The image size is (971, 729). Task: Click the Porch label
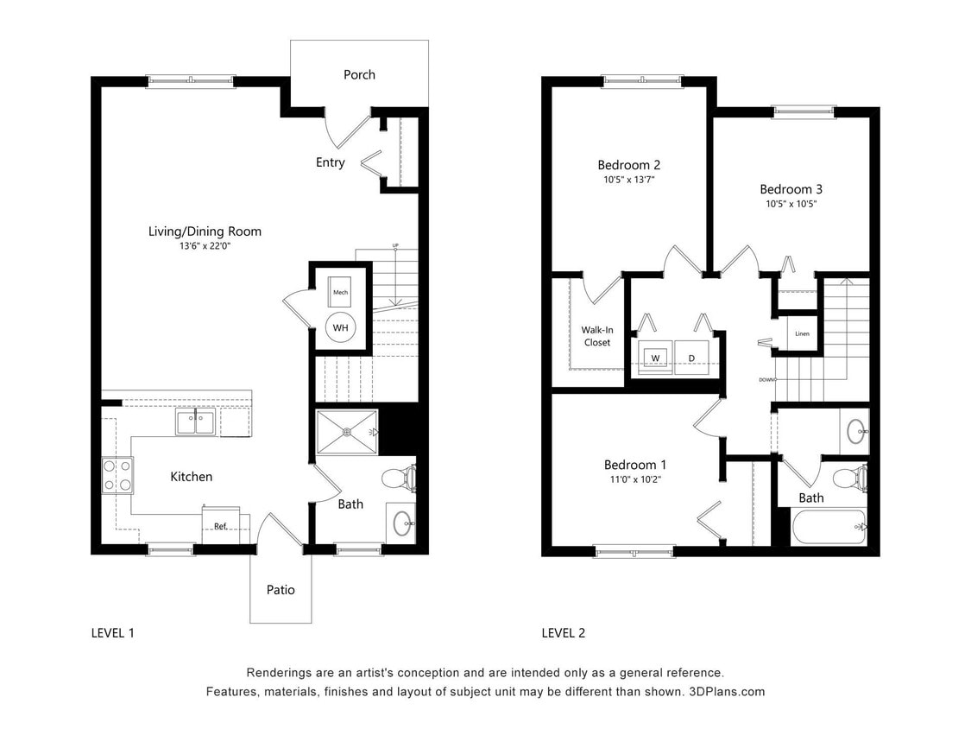(359, 75)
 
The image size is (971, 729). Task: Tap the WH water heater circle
(340, 328)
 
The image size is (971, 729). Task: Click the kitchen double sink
(196, 423)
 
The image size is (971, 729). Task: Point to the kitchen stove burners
(117, 475)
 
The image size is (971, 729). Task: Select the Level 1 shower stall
(347, 432)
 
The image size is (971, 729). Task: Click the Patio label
(281, 590)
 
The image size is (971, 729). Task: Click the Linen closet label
(802, 333)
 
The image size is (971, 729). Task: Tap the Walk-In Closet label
(596, 336)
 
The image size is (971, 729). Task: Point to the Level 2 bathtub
(827, 526)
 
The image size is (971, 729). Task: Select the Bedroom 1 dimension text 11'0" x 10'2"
(635, 479)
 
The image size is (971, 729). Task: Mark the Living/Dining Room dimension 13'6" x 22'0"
(205, 246)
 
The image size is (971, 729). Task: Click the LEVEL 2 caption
(563, 633)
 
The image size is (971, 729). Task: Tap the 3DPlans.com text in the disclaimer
(726, 692)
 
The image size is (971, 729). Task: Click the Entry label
(330, 162)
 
